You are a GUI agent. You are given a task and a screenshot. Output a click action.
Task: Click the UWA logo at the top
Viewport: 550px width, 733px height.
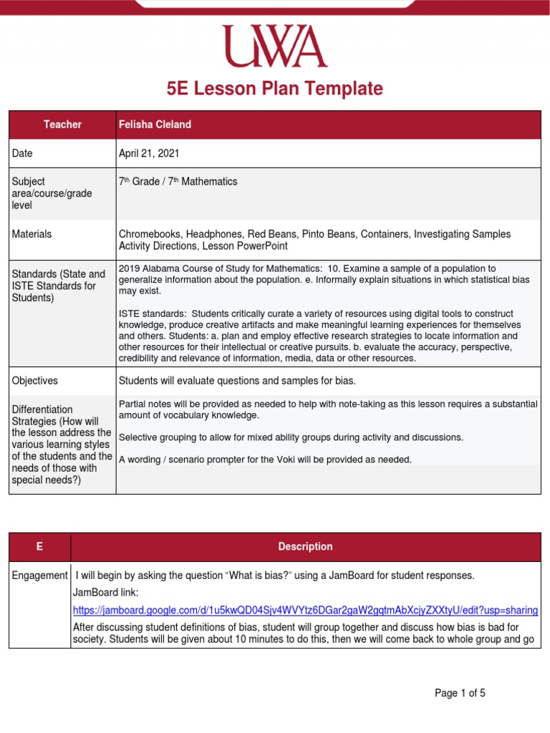tap(274, 47)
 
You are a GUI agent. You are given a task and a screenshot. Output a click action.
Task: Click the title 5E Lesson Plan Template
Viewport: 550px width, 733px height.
tap(274, 89)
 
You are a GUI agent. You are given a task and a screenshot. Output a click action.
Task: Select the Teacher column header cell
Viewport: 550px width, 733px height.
tap(62, 125)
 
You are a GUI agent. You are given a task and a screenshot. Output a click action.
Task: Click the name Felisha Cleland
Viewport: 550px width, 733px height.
tap(155, 125)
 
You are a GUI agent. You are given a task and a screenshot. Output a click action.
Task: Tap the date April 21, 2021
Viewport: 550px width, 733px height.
tap(149, 153)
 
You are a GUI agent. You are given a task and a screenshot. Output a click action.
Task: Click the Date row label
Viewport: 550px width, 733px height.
tap(22, 153)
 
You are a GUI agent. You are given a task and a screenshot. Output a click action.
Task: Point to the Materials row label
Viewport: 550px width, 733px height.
tap(32, 234)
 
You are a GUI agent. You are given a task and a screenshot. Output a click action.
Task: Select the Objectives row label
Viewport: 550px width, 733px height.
tap(35, 381)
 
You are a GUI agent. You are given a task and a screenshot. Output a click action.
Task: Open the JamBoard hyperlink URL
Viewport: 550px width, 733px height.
tap(305, 610)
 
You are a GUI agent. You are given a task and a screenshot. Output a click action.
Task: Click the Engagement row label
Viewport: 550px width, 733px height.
tap(40, 576)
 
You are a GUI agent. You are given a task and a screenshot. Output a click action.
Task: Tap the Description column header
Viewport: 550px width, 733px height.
tap(305, 547)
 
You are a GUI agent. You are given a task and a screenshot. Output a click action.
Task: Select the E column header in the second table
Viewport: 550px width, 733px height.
tap(39, 547)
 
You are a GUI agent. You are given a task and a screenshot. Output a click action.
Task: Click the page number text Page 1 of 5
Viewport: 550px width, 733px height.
tap(460, 693)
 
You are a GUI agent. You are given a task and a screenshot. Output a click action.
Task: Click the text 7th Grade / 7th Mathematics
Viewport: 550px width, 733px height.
tap(177, 182)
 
